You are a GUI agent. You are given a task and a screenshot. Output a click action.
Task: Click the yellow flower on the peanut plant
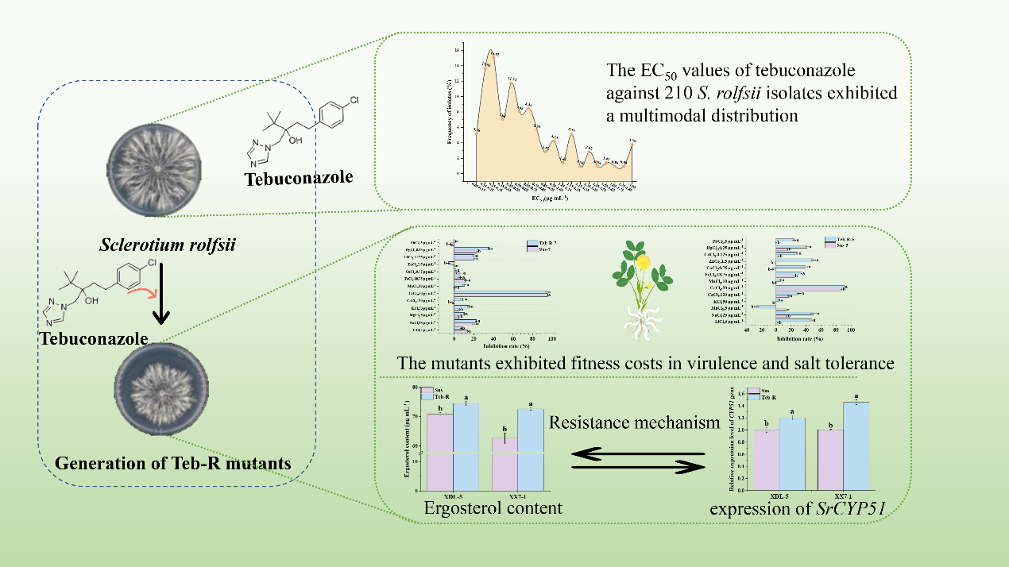[642, 262]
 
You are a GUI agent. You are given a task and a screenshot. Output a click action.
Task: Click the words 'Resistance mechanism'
[635, 423]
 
